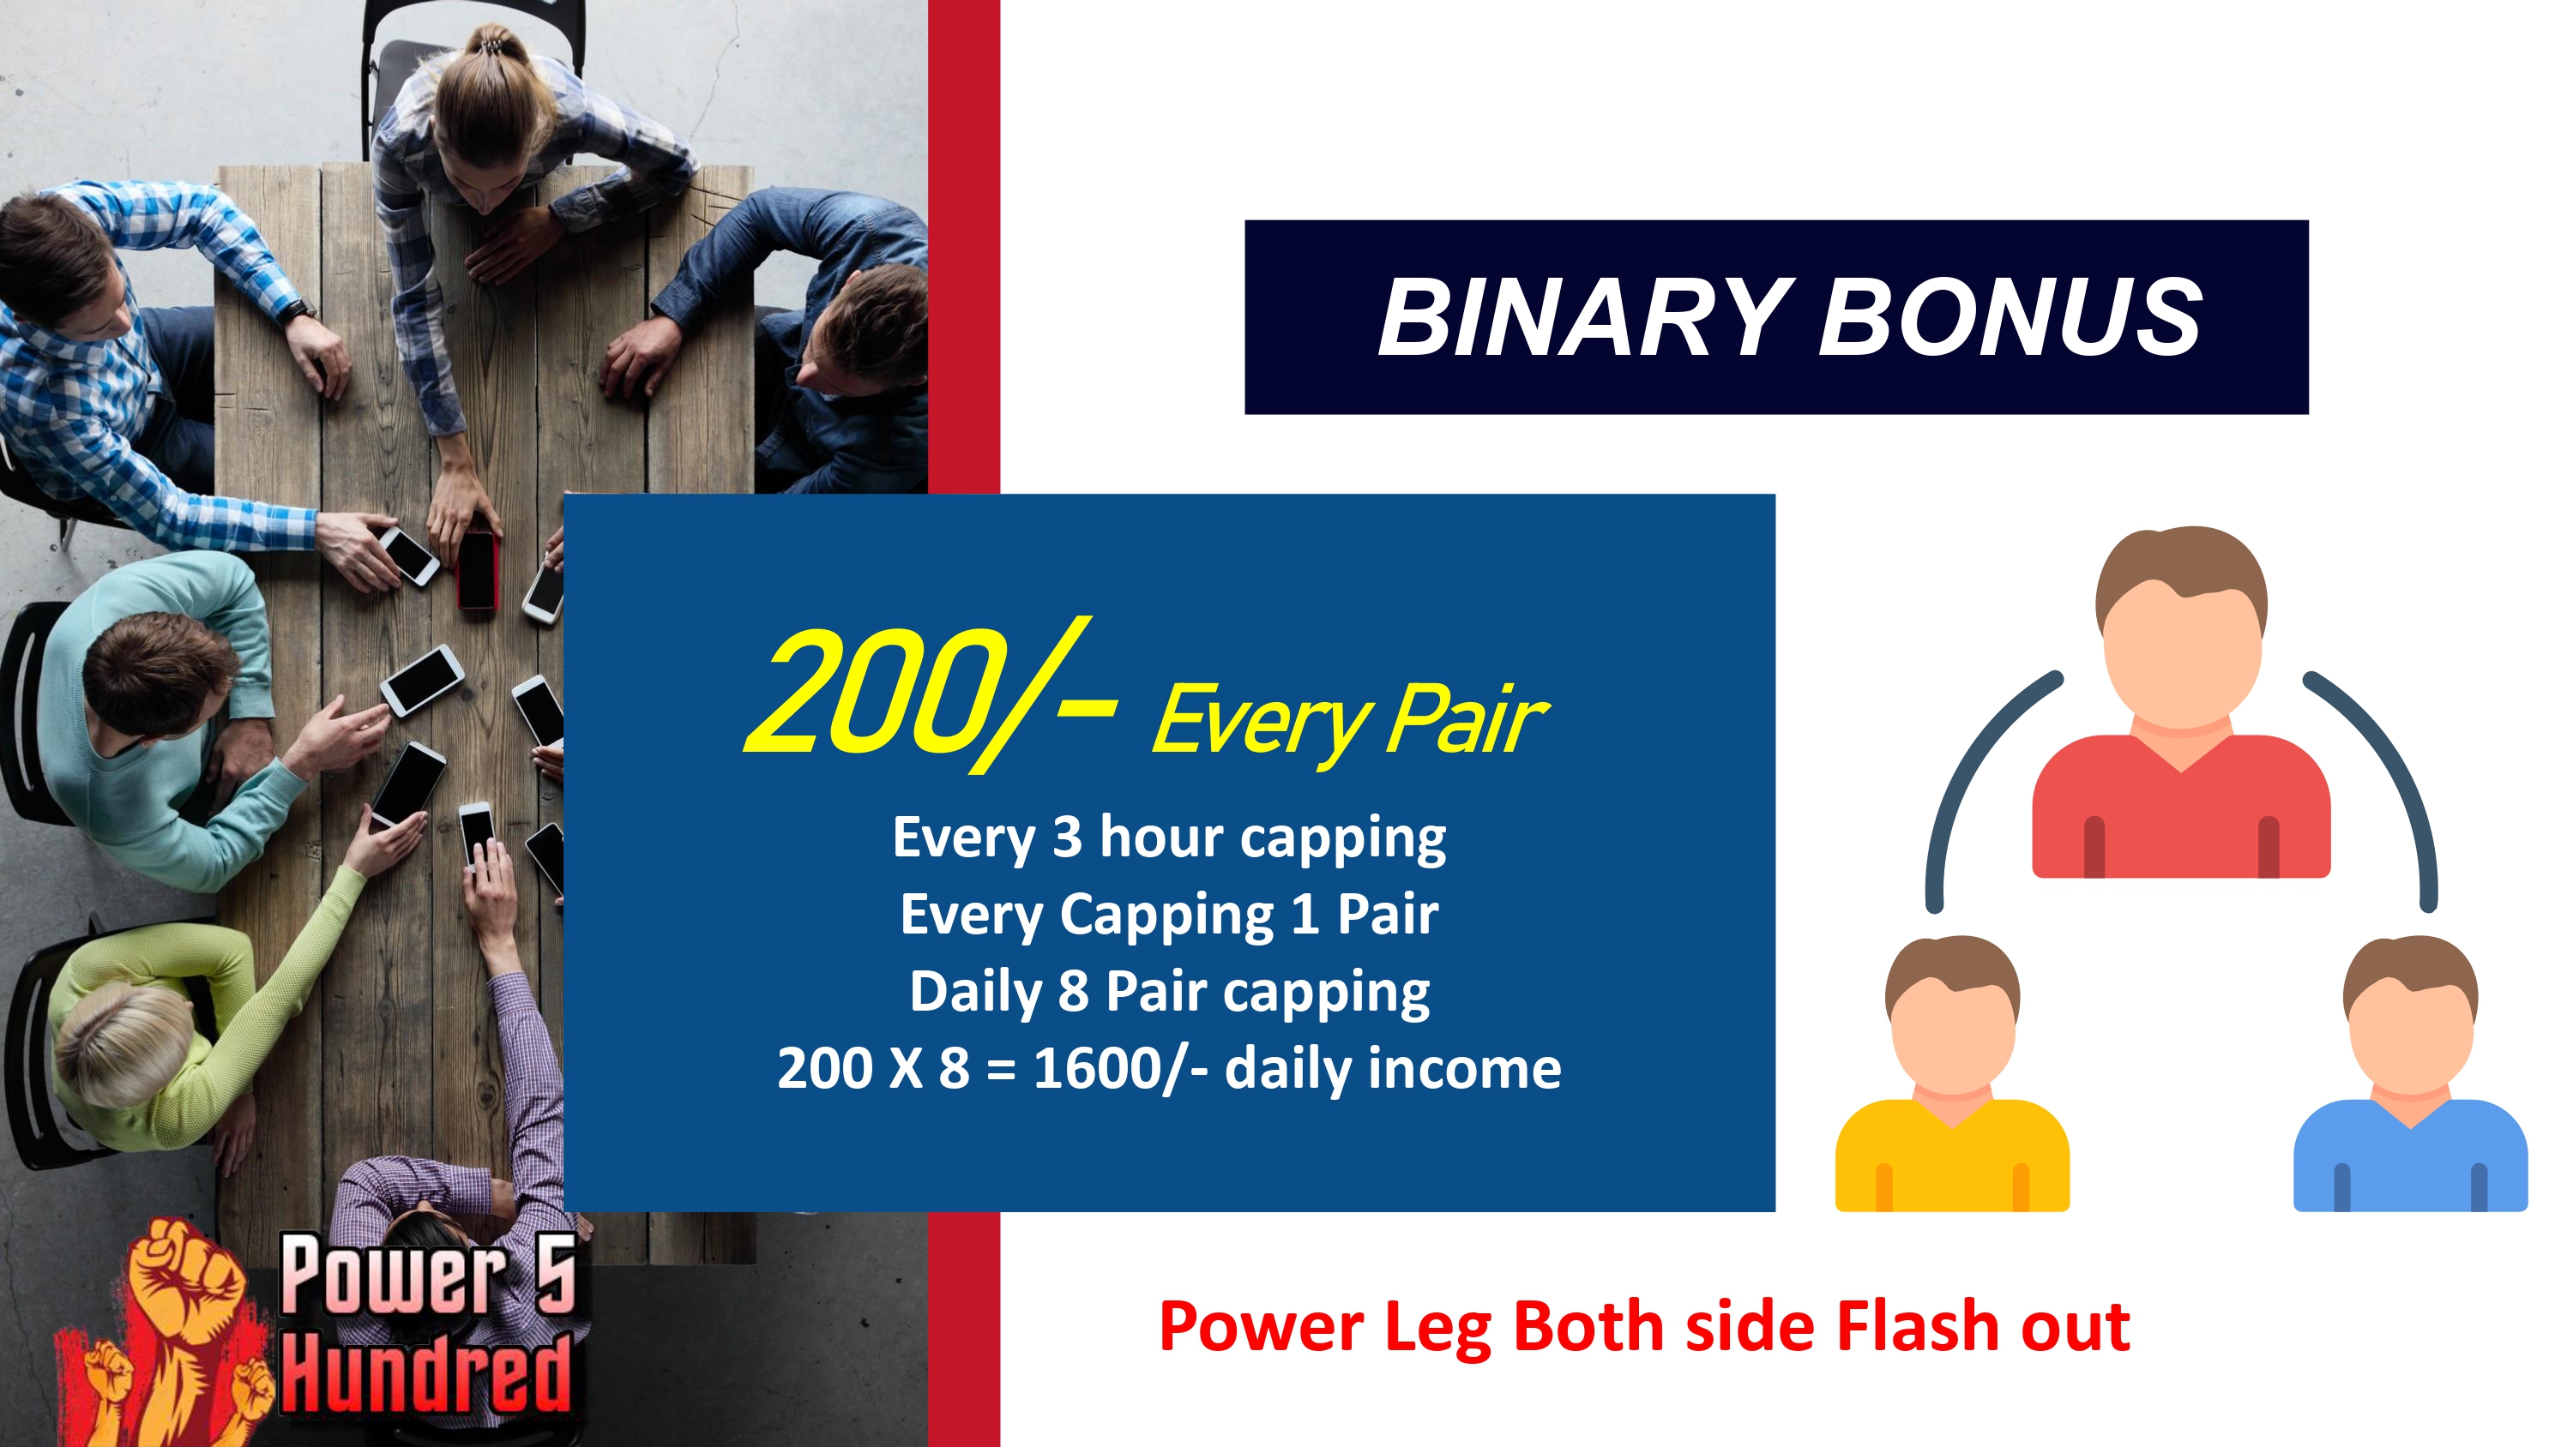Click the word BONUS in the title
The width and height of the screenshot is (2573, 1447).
(x=2010, y=316)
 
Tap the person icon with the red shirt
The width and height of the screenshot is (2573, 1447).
(x=2181, y=703)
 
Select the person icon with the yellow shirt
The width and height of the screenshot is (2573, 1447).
(x=1952, y=1073)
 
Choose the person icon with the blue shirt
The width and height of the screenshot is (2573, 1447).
(x=2410, y=1073)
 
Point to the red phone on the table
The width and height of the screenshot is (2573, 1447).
(x=478, y=569)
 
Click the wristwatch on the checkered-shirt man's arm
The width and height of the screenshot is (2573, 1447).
(x=297, y=311)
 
